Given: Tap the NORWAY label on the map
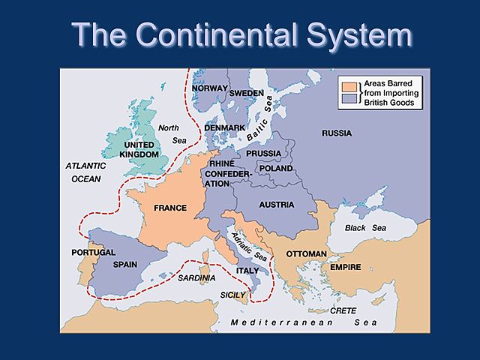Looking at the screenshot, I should click(209, 88).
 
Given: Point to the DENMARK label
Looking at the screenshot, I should click(224, 128).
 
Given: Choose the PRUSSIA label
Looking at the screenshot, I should click(262, 154).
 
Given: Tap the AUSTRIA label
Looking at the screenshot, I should click(276, 204).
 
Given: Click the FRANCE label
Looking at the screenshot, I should click(170, 208).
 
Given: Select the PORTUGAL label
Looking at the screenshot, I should click(93, 252).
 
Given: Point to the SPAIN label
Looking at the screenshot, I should click(124, 265).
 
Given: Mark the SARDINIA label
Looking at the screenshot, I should click(197, 277).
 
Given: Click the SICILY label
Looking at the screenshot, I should click(233, 295).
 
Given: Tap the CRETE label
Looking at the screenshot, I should click(343, 310).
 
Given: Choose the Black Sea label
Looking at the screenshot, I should click(365, 227).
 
